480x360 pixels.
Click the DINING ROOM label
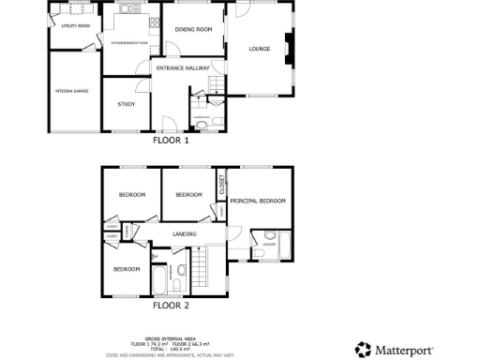pyautogui.click(x=193, y=30)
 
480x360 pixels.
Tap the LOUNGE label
pyautogui.click(x=260, y=49)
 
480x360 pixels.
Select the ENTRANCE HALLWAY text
pyautogui.click(x=182, y=68)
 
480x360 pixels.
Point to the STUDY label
pyautogui.click(x=126, y=104)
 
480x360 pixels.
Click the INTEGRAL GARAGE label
pyautogui.click(x=72, y=90)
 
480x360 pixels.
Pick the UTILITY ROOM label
pyautogui.click(x=75, y=26)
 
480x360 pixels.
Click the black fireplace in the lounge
pyautogui.click(x=289, y=49)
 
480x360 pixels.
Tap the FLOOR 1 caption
pyautogui.click(x=172, y=141)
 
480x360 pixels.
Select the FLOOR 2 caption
pyautogui.click(x=172, y=305)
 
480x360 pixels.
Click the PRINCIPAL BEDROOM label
pyautogui.click(x=258, y=201)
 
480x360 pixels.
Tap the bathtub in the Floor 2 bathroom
pyautogui.click(x=158, y=278)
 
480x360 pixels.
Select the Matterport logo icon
pyautogui.click(x=363, y=350)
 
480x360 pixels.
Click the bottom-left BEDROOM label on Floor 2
pyautogui.click(x=127, y=269)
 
